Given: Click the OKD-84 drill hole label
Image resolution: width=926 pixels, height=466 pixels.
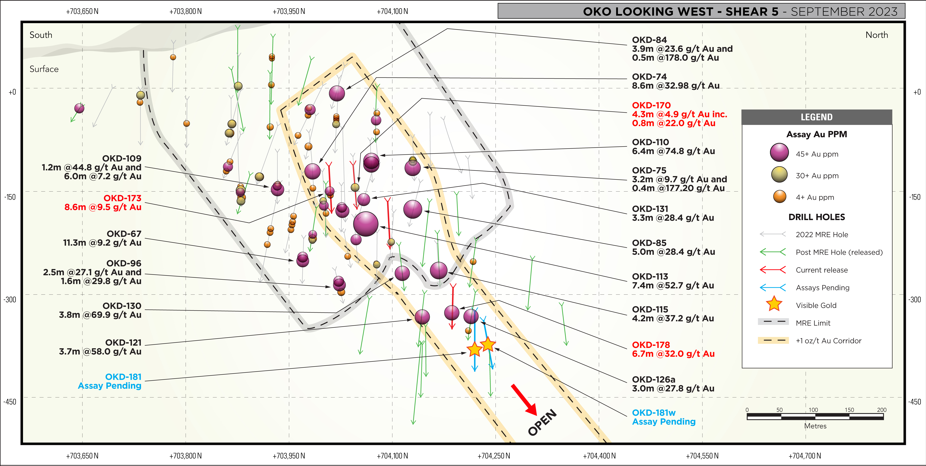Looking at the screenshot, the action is (649, 40).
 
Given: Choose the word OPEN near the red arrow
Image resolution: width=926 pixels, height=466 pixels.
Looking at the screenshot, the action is (542, 423).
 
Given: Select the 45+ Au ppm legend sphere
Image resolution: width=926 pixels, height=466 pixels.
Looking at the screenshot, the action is (779, 153).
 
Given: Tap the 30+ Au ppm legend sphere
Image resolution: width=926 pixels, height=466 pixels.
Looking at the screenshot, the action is (779, 175).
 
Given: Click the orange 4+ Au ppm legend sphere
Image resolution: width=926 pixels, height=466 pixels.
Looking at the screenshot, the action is (780, 197).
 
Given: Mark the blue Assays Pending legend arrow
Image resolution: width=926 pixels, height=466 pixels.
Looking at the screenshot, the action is (773, 287).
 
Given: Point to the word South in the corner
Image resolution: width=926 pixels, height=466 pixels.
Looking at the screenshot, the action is (41, 35).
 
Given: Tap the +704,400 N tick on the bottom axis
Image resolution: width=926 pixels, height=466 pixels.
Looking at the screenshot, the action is (599, 456).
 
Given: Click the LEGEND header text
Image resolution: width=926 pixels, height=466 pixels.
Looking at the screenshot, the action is (816, 117).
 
